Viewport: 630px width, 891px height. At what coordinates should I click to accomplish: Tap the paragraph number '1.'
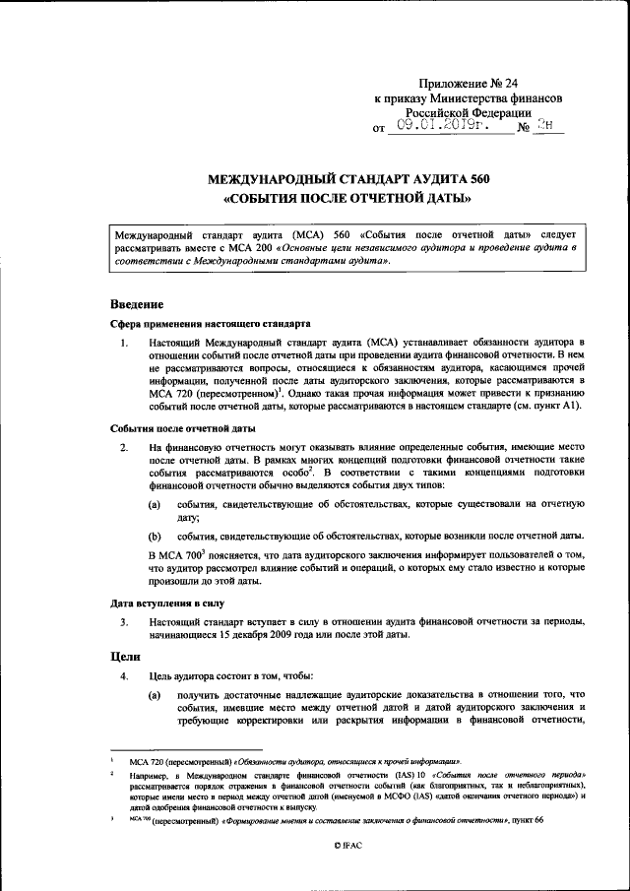coord(124,341)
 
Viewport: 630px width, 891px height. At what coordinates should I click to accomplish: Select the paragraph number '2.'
coord(124,449)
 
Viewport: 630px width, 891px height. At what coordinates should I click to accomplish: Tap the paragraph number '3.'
coord(124,621)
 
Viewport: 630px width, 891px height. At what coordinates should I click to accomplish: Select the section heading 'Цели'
coord(125,657)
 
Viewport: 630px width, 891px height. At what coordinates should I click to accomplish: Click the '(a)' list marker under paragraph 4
coord(155,695)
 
